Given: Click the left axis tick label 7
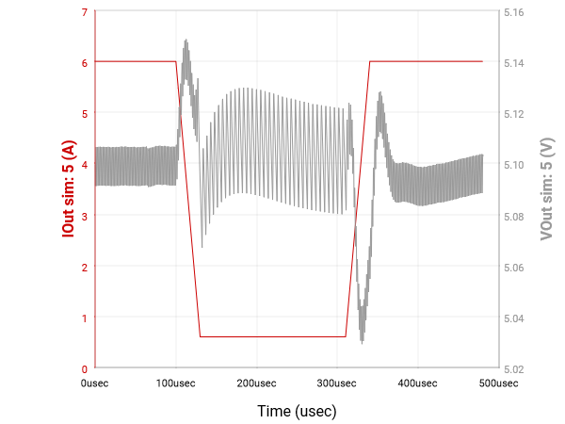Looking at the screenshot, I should pyautogui.click(x=84, y=12).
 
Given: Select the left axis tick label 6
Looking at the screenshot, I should pyautogui.click(x=84, y=63).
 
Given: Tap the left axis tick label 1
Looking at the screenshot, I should pyautogui.click(x=84, y=318).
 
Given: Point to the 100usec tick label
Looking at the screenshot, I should pyautogui.click(x=176, y=383).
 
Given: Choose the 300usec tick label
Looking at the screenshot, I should pyautogui.click(x=337, y=383).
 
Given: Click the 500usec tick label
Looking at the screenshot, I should pyautogui.click(x=499, y=383).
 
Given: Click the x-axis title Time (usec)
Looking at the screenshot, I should pyautogui.click(x=297, y=411).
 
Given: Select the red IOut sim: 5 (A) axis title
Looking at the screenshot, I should pyautogui.click(x=69, y=189).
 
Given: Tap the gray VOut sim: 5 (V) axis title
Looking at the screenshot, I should pyautogui.click(x=546, y=189).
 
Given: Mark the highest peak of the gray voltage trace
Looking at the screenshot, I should pyautogui.click(x=186, y=41).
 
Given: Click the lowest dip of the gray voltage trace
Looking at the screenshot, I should pyautogui.click(x=363, y=341).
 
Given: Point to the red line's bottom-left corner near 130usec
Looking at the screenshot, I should pyautogui.click(x=201, y=336).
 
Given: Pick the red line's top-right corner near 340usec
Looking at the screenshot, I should pyautogui.click(x=370, y=61).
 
